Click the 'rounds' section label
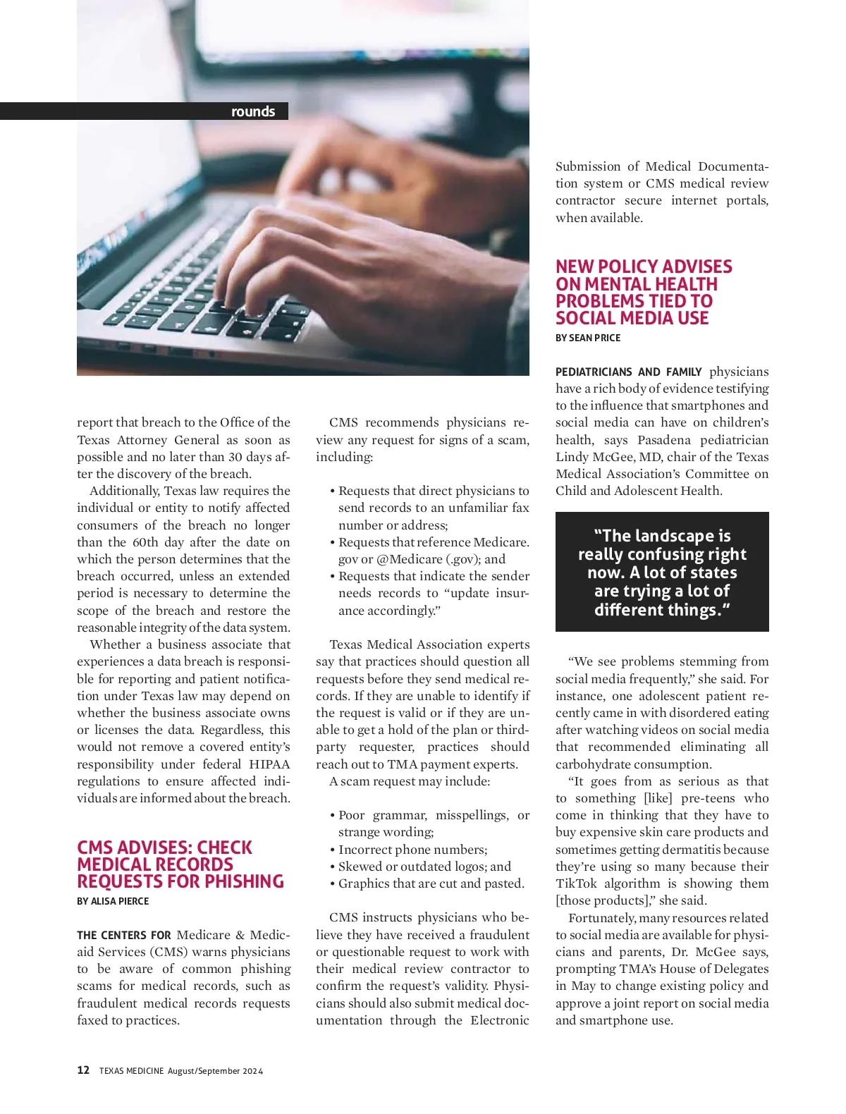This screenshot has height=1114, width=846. click(252, 111)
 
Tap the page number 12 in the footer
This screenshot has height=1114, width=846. click(83, 1070)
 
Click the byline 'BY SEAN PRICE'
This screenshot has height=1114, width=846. click(588, 338)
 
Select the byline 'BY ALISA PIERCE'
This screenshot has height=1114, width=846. click(113, 901)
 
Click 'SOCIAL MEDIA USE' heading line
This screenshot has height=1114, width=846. click(632, 318)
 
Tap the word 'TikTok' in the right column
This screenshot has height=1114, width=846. click(577, 883)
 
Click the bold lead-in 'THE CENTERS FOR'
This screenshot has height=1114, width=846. click(124, 935)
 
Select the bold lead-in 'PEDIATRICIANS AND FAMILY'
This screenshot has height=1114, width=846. click(628, 372)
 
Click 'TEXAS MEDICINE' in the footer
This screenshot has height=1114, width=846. click(131, 1071)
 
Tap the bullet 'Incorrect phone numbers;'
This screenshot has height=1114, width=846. click(412, 850)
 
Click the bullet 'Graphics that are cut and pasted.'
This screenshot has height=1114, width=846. click(431, 883)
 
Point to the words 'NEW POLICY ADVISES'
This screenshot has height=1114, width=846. click(644, 267)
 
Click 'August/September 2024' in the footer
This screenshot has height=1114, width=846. click(215, 1071)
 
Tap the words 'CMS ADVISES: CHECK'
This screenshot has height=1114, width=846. click(164, 847)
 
